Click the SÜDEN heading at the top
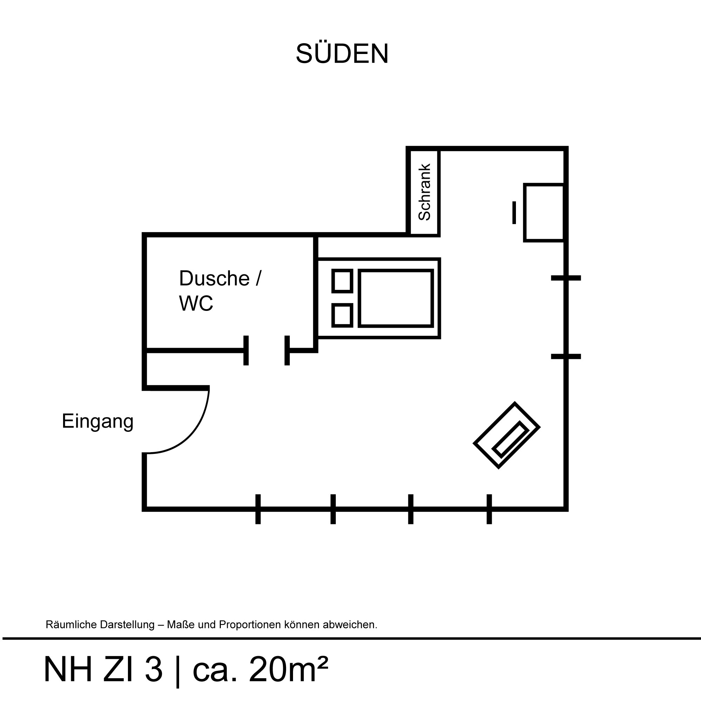click(342, 54)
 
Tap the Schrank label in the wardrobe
click(424, 192)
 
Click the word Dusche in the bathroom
click(215, 278)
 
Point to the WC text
click(196, 303)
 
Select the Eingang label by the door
click(97, 421)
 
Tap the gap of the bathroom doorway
click(267, 350)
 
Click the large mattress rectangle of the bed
click(396, 298)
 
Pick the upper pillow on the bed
click(342, 281)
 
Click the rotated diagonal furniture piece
click(506, 435)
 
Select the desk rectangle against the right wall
click(544, 213)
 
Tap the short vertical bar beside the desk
click(514, 213)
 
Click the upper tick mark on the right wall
click(566, 278)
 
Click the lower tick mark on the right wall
click(566, 357)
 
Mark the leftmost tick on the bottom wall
click(258, 509)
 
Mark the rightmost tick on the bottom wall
click(489, 509)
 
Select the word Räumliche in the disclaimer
click(69, 625)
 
